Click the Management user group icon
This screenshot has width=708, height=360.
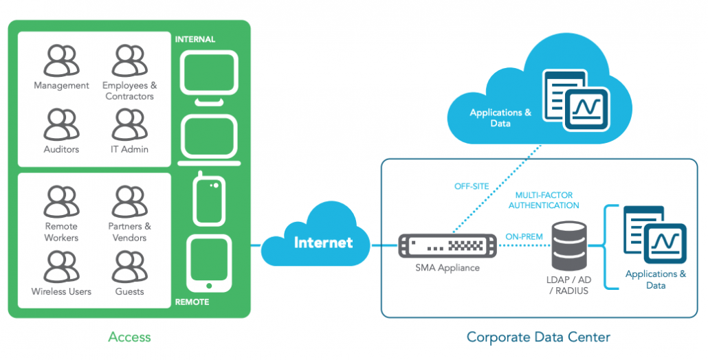[x=61, y=60]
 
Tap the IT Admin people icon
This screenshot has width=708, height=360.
[x=129, y=124]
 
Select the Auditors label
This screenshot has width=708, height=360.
[x=61, y=149]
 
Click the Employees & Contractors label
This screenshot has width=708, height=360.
[x=129, y=91]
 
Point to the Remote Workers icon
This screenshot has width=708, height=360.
[x=61, y=201]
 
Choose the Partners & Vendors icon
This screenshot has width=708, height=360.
[x=129, y=201]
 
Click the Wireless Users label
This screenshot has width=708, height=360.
[x=61, y=291]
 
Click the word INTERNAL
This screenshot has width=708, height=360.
[x=195, y=39]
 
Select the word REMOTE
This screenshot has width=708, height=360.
[x=192, y=302]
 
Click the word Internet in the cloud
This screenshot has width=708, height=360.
[x=323, y=243]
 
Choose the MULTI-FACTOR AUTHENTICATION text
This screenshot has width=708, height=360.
[x=542, y=200]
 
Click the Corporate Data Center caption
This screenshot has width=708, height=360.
[x=538, y=337]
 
